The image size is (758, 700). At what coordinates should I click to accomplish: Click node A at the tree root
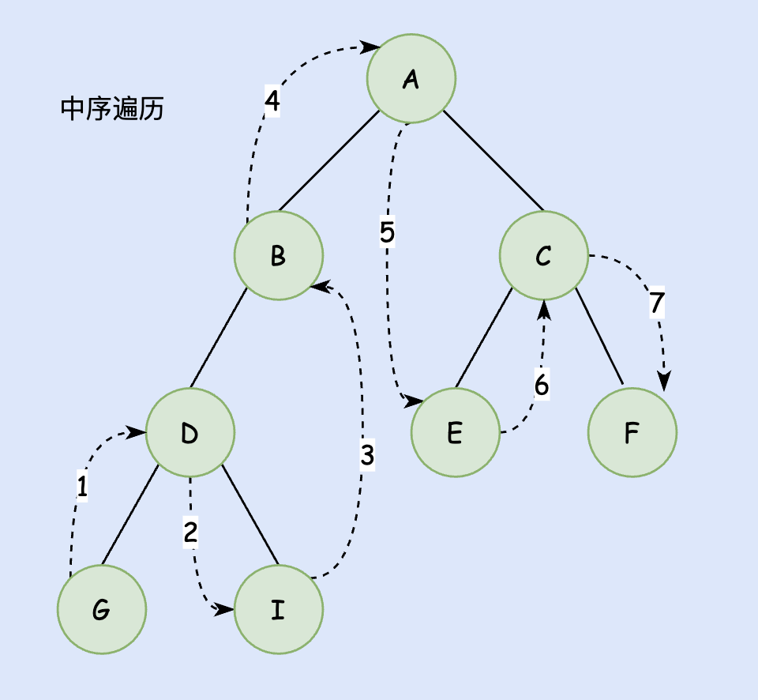click(411, 78)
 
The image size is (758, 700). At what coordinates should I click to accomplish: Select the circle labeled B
click(279, 255)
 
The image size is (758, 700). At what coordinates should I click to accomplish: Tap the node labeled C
click(543, 255)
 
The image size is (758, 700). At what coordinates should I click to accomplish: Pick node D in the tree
click(190, 432)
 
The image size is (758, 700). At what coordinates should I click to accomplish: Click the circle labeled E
click(456, 432)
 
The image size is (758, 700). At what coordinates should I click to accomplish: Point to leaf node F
click(632, 432)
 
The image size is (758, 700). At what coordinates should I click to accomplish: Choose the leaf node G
click(102, 609)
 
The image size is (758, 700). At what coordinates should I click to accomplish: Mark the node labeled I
click(279, 609)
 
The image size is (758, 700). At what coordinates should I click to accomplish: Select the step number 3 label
click(367, 455)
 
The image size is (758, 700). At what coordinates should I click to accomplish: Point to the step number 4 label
click(272, 100)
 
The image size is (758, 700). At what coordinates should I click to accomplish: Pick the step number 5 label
click(387, 232)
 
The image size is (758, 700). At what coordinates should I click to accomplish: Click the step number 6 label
click(541, 386)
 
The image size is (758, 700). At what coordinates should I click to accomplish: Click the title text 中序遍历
click(112, 109)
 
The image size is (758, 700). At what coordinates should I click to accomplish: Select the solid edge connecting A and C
click(493, 161)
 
